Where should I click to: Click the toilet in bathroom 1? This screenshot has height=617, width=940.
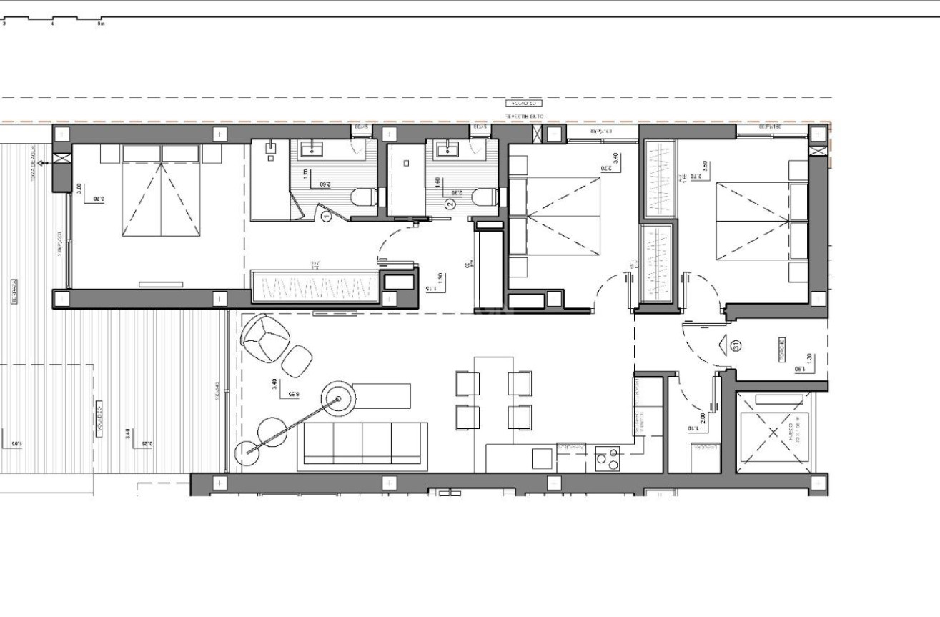click(364, 196)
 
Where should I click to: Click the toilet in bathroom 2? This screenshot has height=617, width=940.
click(485, 196)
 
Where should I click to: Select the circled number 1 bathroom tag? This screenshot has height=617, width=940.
click(327, 216)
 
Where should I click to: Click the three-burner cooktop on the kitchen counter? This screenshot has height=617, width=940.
click(608, 459)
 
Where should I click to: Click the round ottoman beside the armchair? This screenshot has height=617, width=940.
click(297, 360)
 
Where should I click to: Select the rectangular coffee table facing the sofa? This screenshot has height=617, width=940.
click(382, 395)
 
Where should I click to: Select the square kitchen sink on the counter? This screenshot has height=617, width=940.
click(542, 458)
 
